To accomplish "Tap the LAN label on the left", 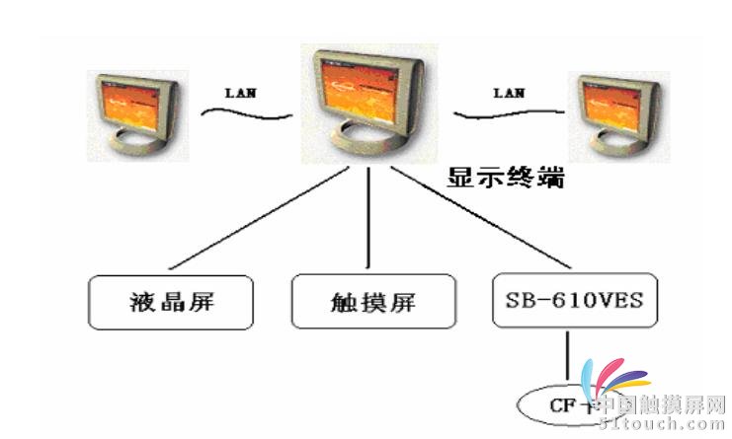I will (242, 94).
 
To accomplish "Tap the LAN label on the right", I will (510, 94).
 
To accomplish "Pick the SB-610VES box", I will (574, 300).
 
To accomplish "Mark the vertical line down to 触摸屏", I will (368, 217).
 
